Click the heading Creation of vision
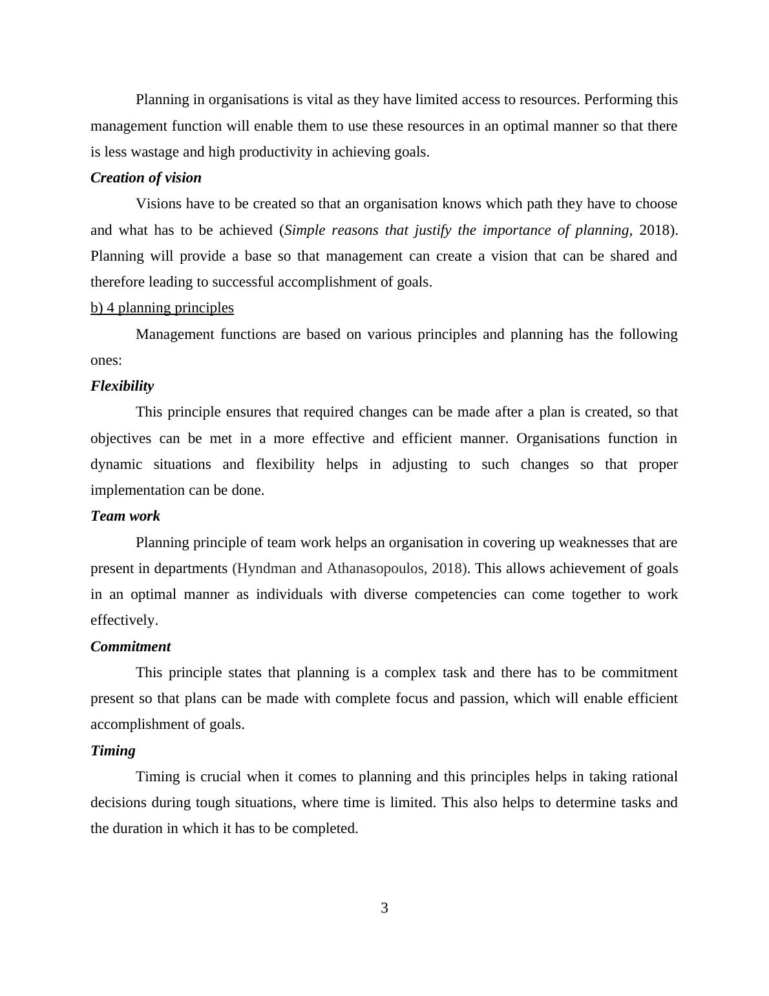point(146,178)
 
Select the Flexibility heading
point(122,386)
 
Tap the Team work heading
point(125,516)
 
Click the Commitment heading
point(131,647)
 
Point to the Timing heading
point(113,751)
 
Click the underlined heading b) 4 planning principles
point(162,308)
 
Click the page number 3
point(384,908)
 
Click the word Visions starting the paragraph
point(158,204)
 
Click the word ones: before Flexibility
point(106,360)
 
